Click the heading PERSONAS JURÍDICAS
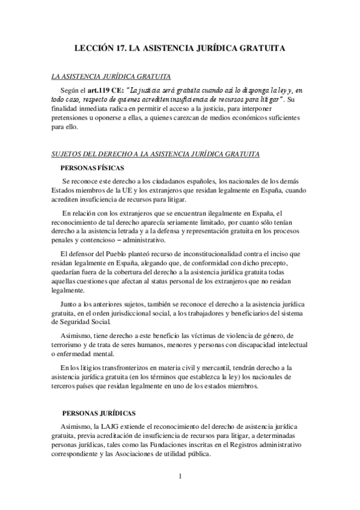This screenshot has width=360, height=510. pos(99,413)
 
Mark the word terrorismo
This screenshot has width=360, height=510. pos(72,345)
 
